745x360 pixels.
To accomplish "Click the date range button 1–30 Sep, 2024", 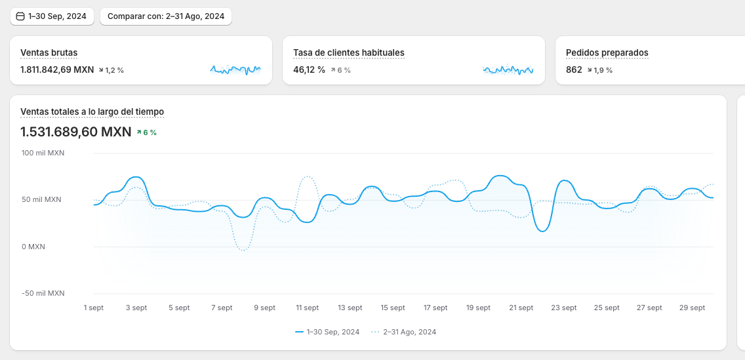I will (52, 16).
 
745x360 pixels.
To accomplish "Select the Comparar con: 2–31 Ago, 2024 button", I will (166, 16).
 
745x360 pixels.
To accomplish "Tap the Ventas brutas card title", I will (49, 52).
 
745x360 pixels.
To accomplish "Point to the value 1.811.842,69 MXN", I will (57, 70).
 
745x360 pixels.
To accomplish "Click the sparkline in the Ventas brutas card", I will (235, 69).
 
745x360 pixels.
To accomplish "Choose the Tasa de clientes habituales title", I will (348, 52).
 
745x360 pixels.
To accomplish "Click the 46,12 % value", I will (309, 70).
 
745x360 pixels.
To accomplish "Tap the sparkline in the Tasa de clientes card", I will (508, 69).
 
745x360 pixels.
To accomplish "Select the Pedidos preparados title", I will (607, 52).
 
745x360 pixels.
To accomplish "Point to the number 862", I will (574, 70).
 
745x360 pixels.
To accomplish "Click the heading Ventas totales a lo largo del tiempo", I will (92, 112).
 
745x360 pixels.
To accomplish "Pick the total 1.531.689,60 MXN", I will (76, 132).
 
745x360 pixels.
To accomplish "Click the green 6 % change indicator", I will (147, 132).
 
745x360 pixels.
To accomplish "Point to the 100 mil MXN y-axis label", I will (43, 153).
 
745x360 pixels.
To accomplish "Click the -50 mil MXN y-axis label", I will (43, 293).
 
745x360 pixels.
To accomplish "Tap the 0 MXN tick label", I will (33, 247).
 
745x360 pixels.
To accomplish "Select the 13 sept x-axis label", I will (350, 308).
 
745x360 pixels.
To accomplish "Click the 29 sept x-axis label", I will (692, 308).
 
